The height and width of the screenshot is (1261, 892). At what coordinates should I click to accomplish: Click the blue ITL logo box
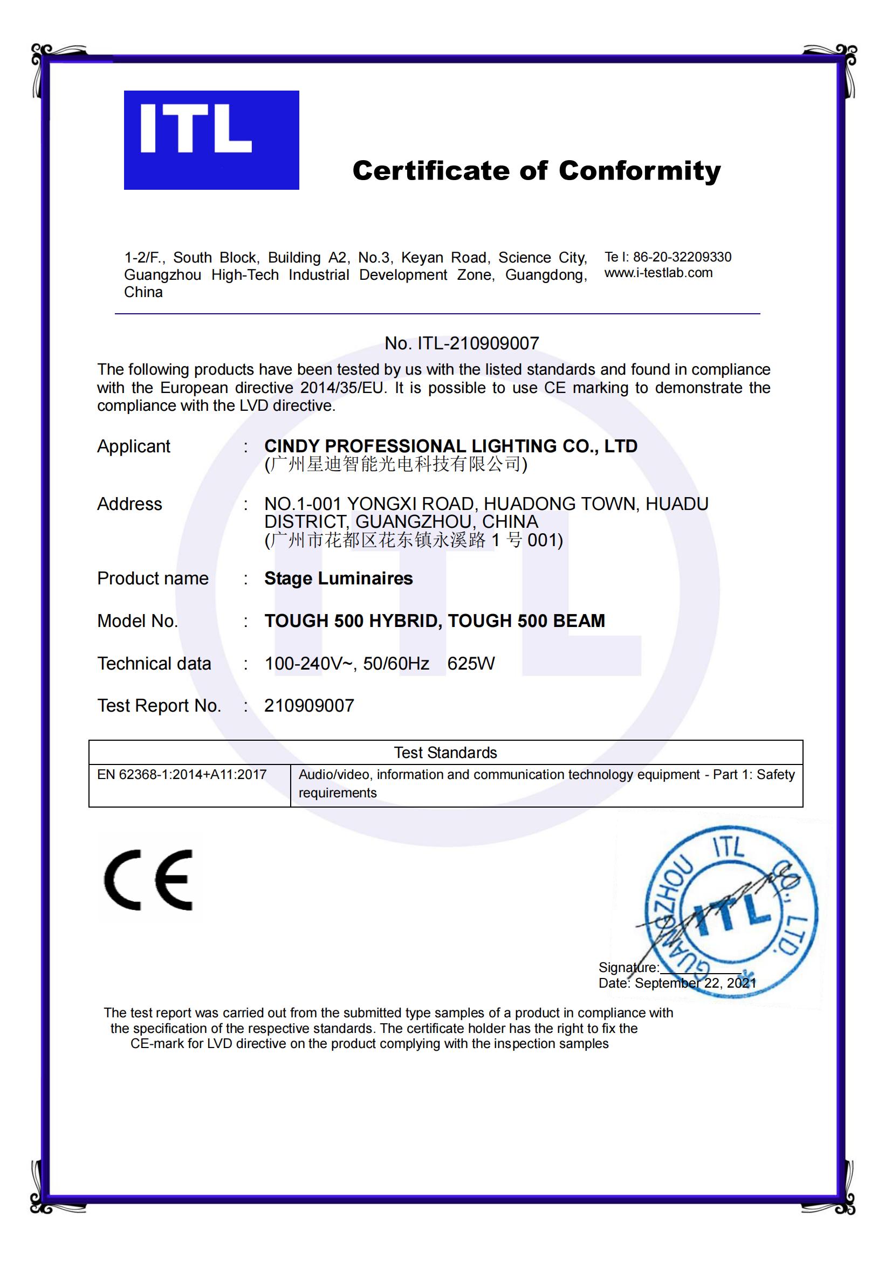point(211,140)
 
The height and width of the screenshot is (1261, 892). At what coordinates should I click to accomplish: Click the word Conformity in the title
point(640,171)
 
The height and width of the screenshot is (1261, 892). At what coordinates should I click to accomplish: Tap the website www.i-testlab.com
point(658,273)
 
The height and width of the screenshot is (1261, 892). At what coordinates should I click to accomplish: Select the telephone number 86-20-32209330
point(682,257)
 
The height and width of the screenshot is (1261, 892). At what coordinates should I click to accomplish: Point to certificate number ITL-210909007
point(478,343)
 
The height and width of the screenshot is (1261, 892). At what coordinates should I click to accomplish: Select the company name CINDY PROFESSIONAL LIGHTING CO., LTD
point(450,446)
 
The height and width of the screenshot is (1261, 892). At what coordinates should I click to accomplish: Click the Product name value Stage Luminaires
point(338,578)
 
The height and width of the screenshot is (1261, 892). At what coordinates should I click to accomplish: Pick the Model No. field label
point(138,621)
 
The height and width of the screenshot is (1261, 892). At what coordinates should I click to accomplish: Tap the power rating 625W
point(471,664)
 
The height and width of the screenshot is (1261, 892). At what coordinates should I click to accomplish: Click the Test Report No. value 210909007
point(309,706)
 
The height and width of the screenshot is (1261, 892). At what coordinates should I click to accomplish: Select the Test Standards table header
point(445,753)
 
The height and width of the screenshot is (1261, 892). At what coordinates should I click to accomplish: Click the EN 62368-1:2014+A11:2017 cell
point(182,775)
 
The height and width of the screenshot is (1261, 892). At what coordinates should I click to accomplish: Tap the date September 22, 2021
point(695,983)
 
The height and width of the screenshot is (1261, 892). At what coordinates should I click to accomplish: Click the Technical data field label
point(154,664)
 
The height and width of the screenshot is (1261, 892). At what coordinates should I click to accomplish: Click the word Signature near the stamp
point(628,967)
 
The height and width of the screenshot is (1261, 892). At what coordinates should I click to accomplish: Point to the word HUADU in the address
point(677,504)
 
